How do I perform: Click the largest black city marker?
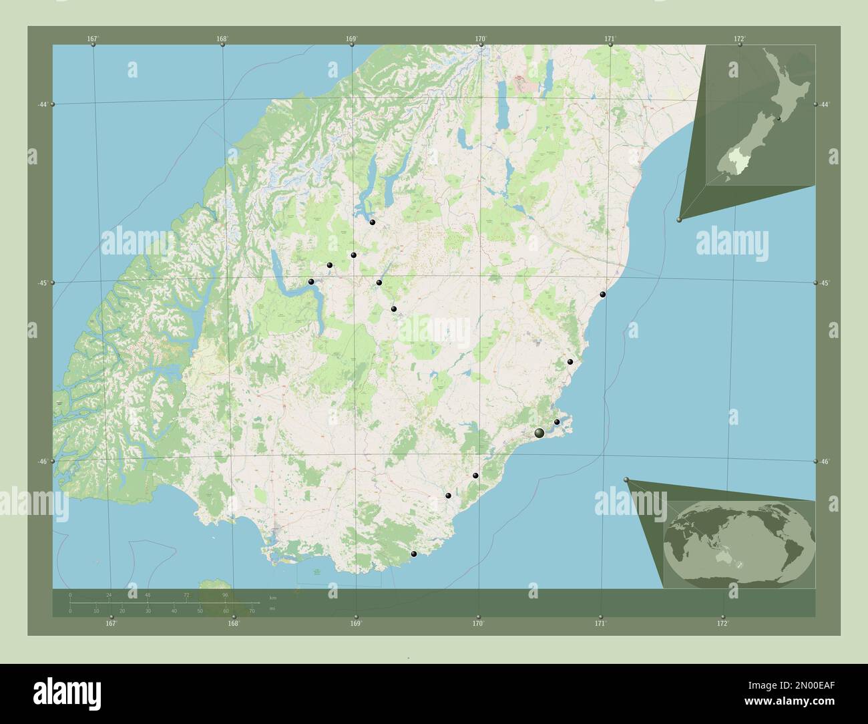pos(539,433)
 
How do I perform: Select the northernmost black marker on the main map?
pos(372,222)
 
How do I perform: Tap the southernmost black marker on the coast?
pos(414,554)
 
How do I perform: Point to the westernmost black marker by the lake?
pos(311,282)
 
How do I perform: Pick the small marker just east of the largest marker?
pos(557,421)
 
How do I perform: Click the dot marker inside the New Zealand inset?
pos(779,119)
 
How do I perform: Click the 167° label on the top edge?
pos(93,39)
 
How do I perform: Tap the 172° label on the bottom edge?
pos(722,623)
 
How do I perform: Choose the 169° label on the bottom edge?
pos(356,623)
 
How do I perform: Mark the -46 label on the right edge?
pos(825,462)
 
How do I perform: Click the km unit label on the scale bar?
pos(272,596)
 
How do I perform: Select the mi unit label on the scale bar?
pos(272,609)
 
